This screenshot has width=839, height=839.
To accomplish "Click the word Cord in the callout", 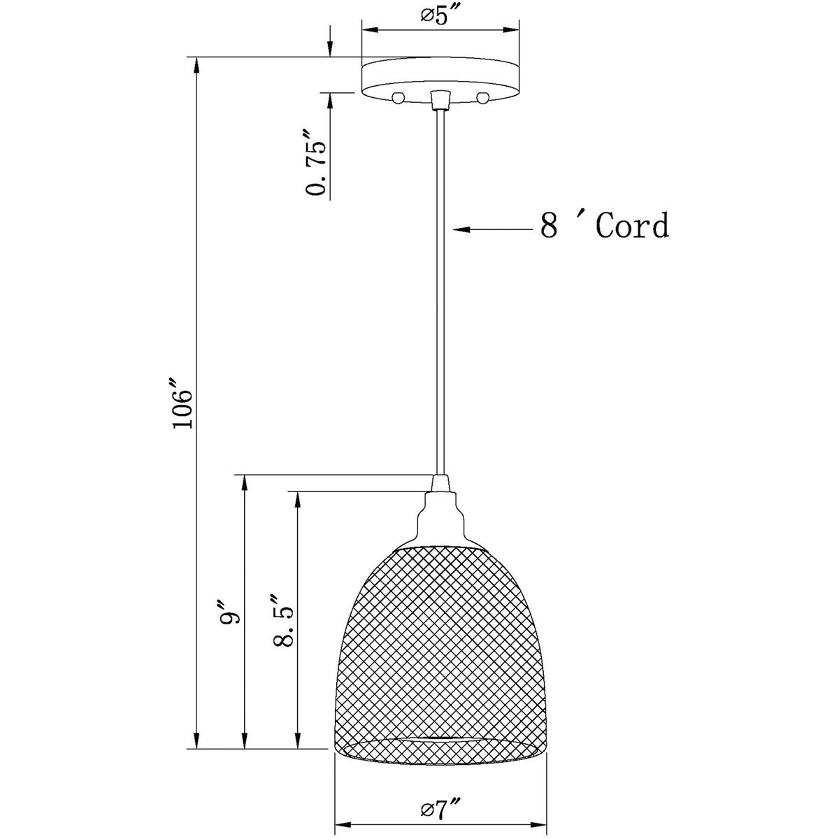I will pos(632,226).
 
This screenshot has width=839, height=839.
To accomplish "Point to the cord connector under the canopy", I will pos(440,100).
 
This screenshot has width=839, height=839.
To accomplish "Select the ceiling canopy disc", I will pos(440,77).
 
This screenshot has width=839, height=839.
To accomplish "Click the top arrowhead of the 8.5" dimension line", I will pos(298,498).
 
